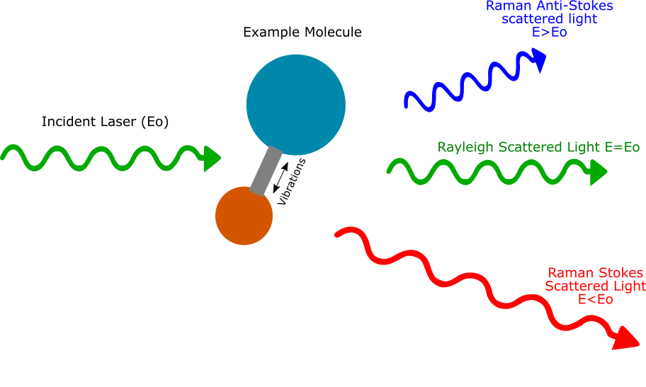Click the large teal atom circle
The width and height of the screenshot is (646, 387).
(x=295, y=105)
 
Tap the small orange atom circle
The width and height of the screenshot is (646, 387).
(x=244, y=216)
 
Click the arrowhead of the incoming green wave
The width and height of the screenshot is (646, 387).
(x=212, y=158)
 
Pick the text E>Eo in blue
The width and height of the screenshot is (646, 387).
(x=549, y=33)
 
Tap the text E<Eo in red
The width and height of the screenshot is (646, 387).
(x=595, y=299)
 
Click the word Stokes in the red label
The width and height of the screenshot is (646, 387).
(x=621, y=273)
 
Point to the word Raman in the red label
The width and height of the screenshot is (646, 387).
(x=571, y=273)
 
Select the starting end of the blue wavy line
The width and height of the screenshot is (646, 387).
(x=407, y=106)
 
